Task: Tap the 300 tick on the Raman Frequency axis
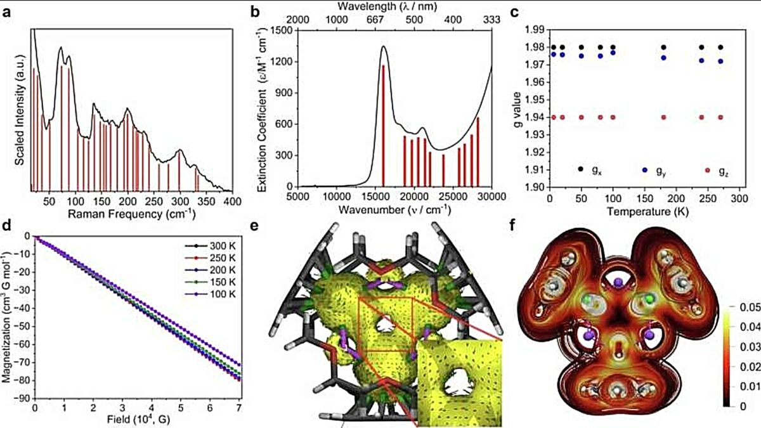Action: click(179, 202)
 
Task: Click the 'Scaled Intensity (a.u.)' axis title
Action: click(20, 110)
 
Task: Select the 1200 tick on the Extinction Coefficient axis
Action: click(281, 62)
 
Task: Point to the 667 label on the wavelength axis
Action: click(375, 20)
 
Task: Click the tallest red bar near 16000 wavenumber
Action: click(383, 126)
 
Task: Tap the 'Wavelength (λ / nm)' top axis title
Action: click(387, 6)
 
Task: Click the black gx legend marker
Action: click(581, 169)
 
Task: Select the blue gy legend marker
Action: click(645, 170)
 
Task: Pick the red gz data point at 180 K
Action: click(663, 117)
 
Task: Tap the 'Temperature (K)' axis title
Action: click(647, 212)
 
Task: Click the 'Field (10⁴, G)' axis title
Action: click(138, 420)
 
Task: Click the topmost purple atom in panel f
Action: click(618, 282)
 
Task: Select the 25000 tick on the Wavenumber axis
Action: click(453, 197)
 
